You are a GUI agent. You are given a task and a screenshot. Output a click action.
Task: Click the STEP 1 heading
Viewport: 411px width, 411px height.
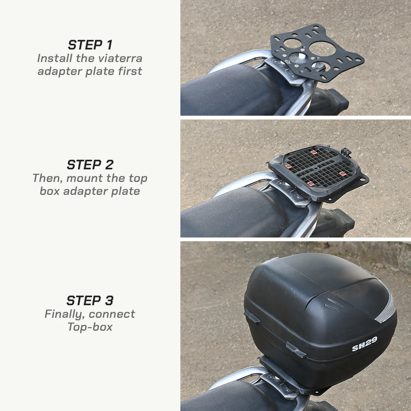pyautogui.click(x=90, y=45)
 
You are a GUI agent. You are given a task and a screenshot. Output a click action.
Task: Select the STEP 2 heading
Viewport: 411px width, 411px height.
pyautogui.click(x=90, y=165)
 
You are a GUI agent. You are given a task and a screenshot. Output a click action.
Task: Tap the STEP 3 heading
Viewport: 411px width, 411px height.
pyautogui.click(x=90, y=300)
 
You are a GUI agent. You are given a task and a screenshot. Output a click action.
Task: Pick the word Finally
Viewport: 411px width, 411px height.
pyautogui.click(x=64, y=314)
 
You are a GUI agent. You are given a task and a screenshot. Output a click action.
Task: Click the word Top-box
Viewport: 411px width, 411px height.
pyautogui.click(x=90, y=327)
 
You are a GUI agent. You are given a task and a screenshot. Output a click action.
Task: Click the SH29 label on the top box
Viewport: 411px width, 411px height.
pyautogui.click(x=364, y=344)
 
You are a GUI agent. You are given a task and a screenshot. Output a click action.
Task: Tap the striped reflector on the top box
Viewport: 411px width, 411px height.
pyautogui.click(x=386, y=309)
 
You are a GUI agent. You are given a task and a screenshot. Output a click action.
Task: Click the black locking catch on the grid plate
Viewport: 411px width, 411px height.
pyautogui.click(x=346, y=152)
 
